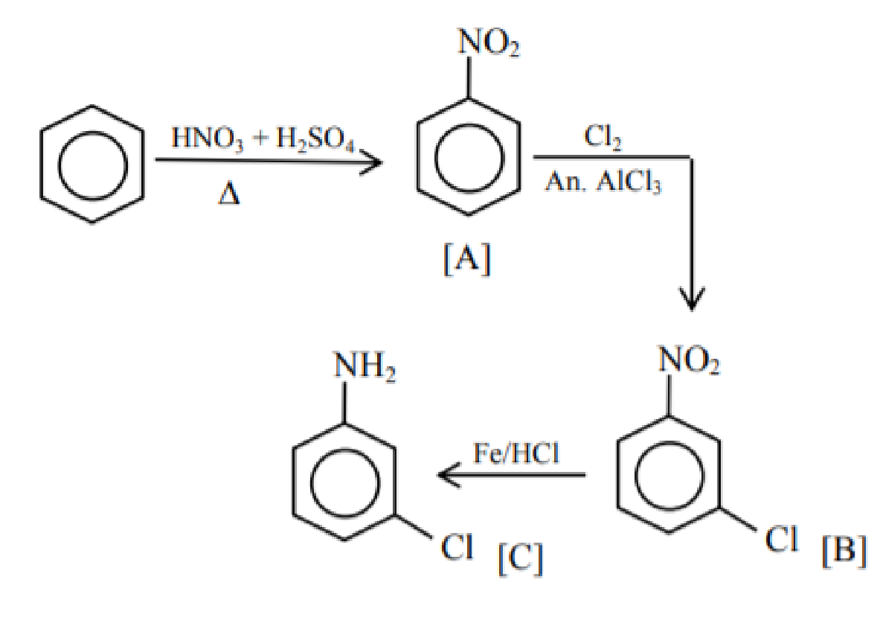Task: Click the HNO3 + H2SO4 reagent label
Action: click(x=263, y=138)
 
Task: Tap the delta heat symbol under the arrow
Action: click(x=229, y=194)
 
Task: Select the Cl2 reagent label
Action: click(x=603, y=137)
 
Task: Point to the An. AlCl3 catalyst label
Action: click(x=603, y=182)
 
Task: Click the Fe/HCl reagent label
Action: click(x=516, y=453)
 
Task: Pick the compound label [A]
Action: click(x=467, y=259)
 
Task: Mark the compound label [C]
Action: click(x=520, y=559)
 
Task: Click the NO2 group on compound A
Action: click(x=489, y=42)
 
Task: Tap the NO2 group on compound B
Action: click(x=689, y=360)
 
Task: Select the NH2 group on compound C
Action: click(x=364, y=365)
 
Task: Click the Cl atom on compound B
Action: click(x=781, y=540)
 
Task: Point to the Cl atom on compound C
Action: click(x=457, y=546)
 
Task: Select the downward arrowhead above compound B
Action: click(x=692, y=301)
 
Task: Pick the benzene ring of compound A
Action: click(x=417, y=157)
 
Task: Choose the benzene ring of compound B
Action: click(x=617, y=475)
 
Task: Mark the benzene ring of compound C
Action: click(x=293, y=482)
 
